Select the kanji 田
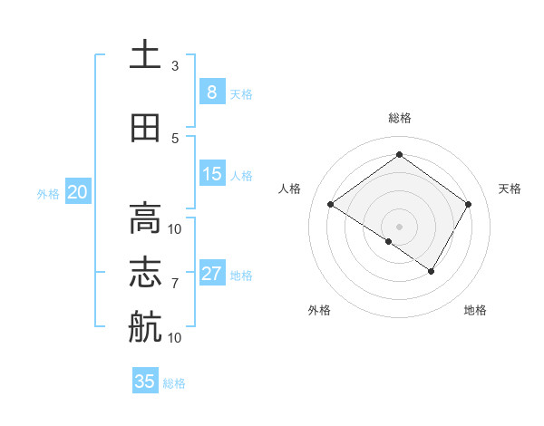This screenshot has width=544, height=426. (x=145, y=128)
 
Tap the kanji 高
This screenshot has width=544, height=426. (x=145, y=218)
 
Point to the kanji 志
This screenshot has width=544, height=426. (x=145, y=273)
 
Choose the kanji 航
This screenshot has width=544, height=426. (x=145, y=327)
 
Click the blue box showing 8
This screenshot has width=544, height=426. (x=211, y=92)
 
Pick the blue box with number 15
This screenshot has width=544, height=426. (x=211, y=174)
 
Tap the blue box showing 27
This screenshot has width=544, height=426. (x=211, y=274)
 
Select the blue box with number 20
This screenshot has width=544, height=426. (x=77, y=192)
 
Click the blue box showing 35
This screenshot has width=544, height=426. (x=145, y=382)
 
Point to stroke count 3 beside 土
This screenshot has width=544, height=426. (x=175, y=66)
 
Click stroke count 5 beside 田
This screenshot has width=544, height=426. (x=175, y=138)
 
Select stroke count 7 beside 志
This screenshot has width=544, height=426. (x=175, y=283)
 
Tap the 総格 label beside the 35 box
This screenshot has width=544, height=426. (x=174, y=383)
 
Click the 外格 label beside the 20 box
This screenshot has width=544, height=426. (x=48, y=193)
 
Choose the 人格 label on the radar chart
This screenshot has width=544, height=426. (x=290, y=188)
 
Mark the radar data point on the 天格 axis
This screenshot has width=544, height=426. (x=468, y=205)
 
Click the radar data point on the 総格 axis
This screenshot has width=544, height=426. (x=399, y=154)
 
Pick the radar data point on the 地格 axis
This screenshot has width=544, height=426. (x=432, y=271)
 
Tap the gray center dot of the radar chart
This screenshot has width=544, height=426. (x=399, y=226)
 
